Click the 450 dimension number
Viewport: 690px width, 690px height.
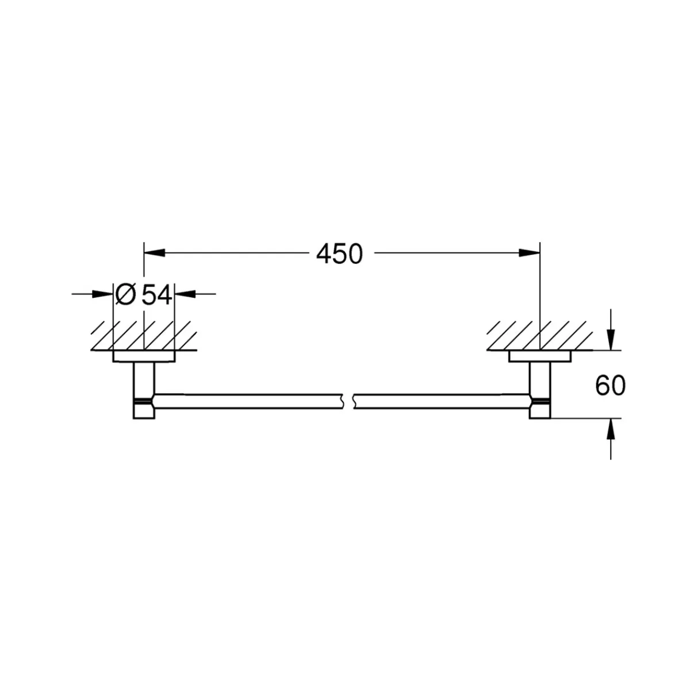[x=340, y=254]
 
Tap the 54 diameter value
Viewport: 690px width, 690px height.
[x=157, y=295]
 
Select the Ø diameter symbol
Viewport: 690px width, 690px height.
[x=125, y=295]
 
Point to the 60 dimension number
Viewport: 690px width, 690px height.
[x=610, y=386]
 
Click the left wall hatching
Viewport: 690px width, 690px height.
[x=144, y=336]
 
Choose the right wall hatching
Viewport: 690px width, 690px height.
[x=539, y=336]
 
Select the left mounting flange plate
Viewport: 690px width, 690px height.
[x=144, y=357]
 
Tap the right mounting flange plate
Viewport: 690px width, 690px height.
[x=539, y=357]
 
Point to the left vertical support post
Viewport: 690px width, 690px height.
[x=144, y=379]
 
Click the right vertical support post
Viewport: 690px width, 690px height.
[x=540, y=379]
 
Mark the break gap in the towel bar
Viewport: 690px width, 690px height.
[x=348, y=401]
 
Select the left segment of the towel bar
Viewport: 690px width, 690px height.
[x=247, y=401]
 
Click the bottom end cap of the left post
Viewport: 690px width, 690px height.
[x=144, y=411]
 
